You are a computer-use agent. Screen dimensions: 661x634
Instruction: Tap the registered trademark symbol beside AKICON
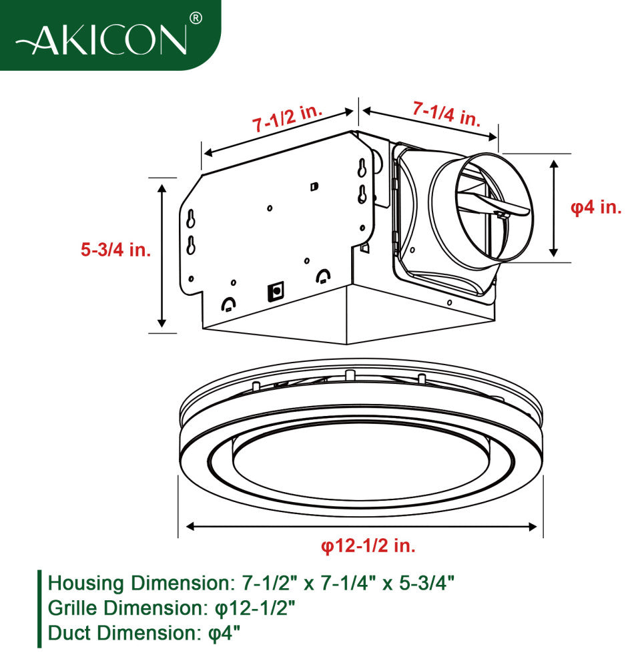tap(196, 19)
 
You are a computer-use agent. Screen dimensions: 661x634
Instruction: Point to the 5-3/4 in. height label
tap(116, 250)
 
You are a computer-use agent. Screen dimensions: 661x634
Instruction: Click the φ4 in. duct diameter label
tap(596, 207)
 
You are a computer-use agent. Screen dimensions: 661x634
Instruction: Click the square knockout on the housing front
tap(274, 291)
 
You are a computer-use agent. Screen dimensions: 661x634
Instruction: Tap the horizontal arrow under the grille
tap(361, 527)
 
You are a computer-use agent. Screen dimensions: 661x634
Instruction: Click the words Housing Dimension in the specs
tap(137, 583)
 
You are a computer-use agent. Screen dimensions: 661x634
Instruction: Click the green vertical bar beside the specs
tap(39, 608)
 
